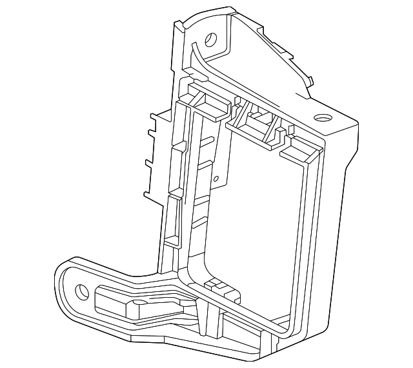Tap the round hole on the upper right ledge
coord(321,119)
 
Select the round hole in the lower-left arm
coord(81,291)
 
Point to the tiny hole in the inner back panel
coord(217,180)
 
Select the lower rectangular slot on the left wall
coord(173,219)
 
